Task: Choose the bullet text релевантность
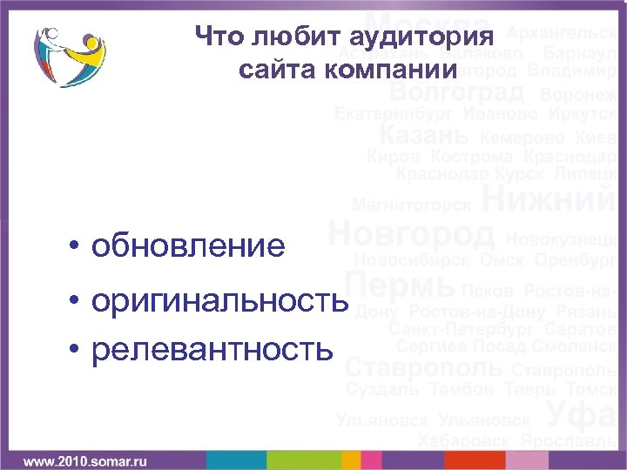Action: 212,349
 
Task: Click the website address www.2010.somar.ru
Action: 84,458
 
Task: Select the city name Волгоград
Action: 456,91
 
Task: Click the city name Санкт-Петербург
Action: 462,329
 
